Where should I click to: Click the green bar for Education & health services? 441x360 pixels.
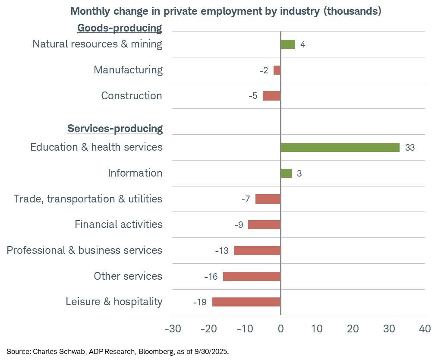tap(340, 147)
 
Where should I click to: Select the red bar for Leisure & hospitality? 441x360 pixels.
tap(246, 302)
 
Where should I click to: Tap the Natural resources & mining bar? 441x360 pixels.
tap(288, 44)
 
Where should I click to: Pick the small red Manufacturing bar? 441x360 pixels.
tap(277, 70)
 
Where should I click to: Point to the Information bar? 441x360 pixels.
tap(286, 173)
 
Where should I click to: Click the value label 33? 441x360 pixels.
tap(410, 148)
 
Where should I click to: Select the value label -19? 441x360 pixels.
tap(200, 302)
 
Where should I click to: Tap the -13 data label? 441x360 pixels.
tap(222, 251)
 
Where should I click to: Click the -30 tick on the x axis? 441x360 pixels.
tap(173, 329)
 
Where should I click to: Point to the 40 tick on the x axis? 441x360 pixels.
tap(425, 329)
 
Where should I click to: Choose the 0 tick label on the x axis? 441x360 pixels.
tap(280, 329)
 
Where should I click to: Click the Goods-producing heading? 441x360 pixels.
tap(120, 28)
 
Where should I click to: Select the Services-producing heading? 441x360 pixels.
tap(115, 129)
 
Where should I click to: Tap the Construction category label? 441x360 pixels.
tap(132, 96)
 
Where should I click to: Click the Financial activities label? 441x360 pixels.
tap(119, 224)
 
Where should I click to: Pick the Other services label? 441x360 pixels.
tap(128, 276)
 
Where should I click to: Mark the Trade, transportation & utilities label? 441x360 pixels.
tap(88, 199)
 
